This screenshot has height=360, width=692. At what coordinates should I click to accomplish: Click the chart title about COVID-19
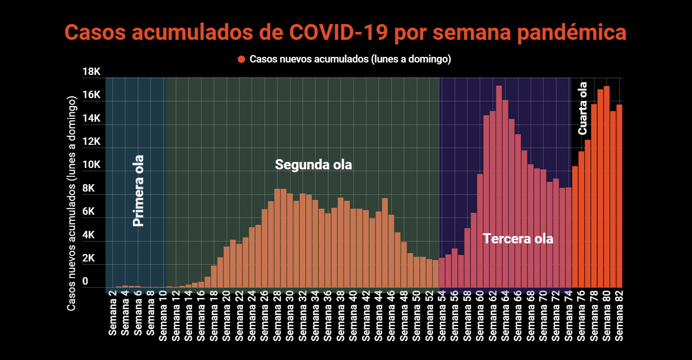pos(346,33)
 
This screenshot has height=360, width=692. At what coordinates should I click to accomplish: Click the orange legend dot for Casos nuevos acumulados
pos(241,59)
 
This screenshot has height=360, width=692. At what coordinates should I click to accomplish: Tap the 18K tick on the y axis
pos(91,72)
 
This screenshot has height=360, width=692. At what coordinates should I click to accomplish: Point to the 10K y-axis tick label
pos(91,165)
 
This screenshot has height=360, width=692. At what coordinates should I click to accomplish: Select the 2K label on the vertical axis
pos(91,259)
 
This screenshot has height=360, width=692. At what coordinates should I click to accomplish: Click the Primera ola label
pos(138,191)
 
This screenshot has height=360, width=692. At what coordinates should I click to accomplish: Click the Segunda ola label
pos(313,165)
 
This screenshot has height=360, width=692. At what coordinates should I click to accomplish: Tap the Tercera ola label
pos(518,239)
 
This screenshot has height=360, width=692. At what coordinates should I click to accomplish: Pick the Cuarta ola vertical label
pos(583,108)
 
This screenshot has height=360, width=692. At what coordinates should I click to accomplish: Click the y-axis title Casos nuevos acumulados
pos(71,204)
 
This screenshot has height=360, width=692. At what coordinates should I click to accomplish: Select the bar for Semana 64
pos(505,194)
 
